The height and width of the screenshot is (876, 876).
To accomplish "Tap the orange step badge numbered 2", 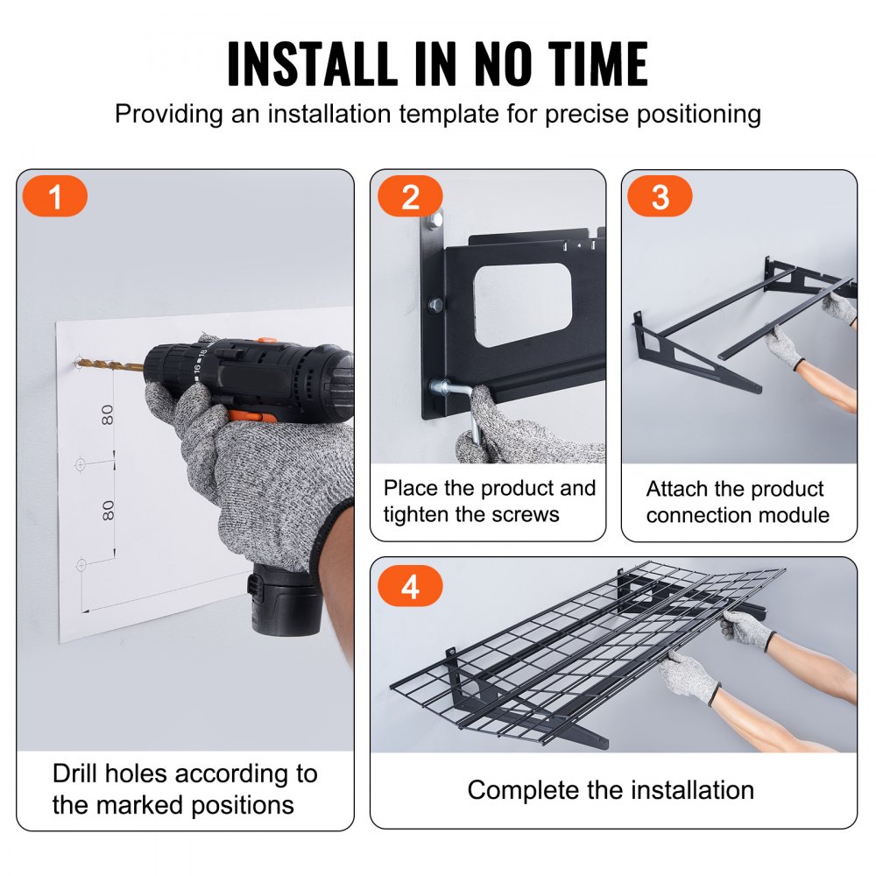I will point(410,197).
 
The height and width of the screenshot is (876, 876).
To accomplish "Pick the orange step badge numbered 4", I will point(410,587).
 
